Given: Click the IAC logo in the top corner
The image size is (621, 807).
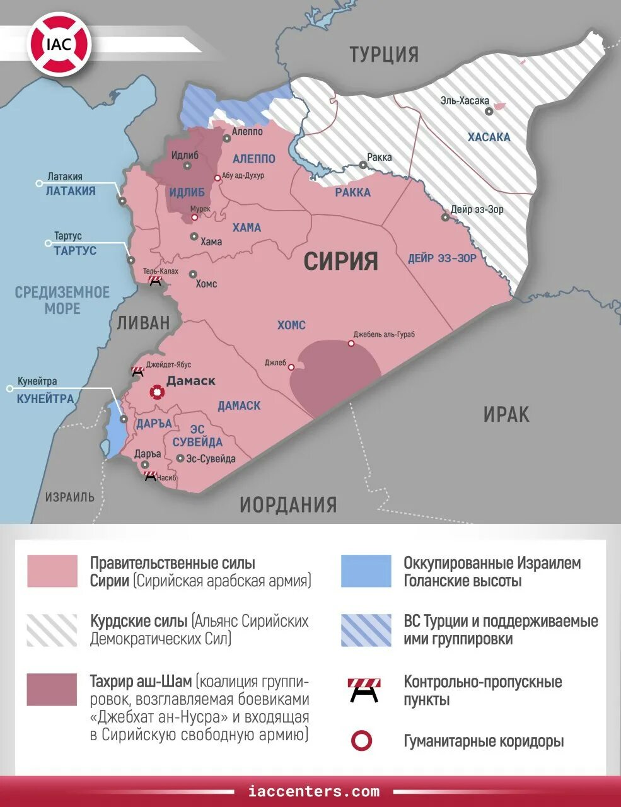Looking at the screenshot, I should [x=59, y=45].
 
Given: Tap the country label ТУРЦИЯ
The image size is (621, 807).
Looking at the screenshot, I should [x=384, y=54].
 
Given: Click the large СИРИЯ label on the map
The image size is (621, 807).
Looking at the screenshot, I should [x=340, y=260].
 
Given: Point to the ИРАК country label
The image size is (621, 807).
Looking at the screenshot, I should [x=506, y=414].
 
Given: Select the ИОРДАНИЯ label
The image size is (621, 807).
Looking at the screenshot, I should [x=288, y=504].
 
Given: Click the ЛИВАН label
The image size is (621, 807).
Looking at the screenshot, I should [x=143, y=322].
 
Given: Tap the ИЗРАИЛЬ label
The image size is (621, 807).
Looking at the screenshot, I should [x=69, y=497].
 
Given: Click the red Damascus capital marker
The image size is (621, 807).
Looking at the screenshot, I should [x=155, y=392].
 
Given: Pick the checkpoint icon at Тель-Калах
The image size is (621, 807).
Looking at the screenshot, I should [x=154, y=281].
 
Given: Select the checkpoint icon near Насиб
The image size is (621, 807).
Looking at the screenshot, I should [x=150, y=477].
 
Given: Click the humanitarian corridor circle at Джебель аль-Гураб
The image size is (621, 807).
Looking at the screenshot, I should [x=351, y=344].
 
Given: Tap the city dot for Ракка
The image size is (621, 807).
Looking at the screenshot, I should [x=363, y=165].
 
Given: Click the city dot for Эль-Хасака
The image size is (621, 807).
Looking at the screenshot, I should [x=489, y=111].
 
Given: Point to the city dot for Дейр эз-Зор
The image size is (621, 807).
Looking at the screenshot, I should [x=445, y=217].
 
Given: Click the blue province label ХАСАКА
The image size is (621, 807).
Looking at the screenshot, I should [x=489, y=137].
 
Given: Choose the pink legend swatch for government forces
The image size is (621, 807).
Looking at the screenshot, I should [x=52, y=571].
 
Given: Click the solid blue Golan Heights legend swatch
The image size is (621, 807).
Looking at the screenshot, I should [x=366, y=571].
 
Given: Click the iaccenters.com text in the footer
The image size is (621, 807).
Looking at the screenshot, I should [x=314, y=791].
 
